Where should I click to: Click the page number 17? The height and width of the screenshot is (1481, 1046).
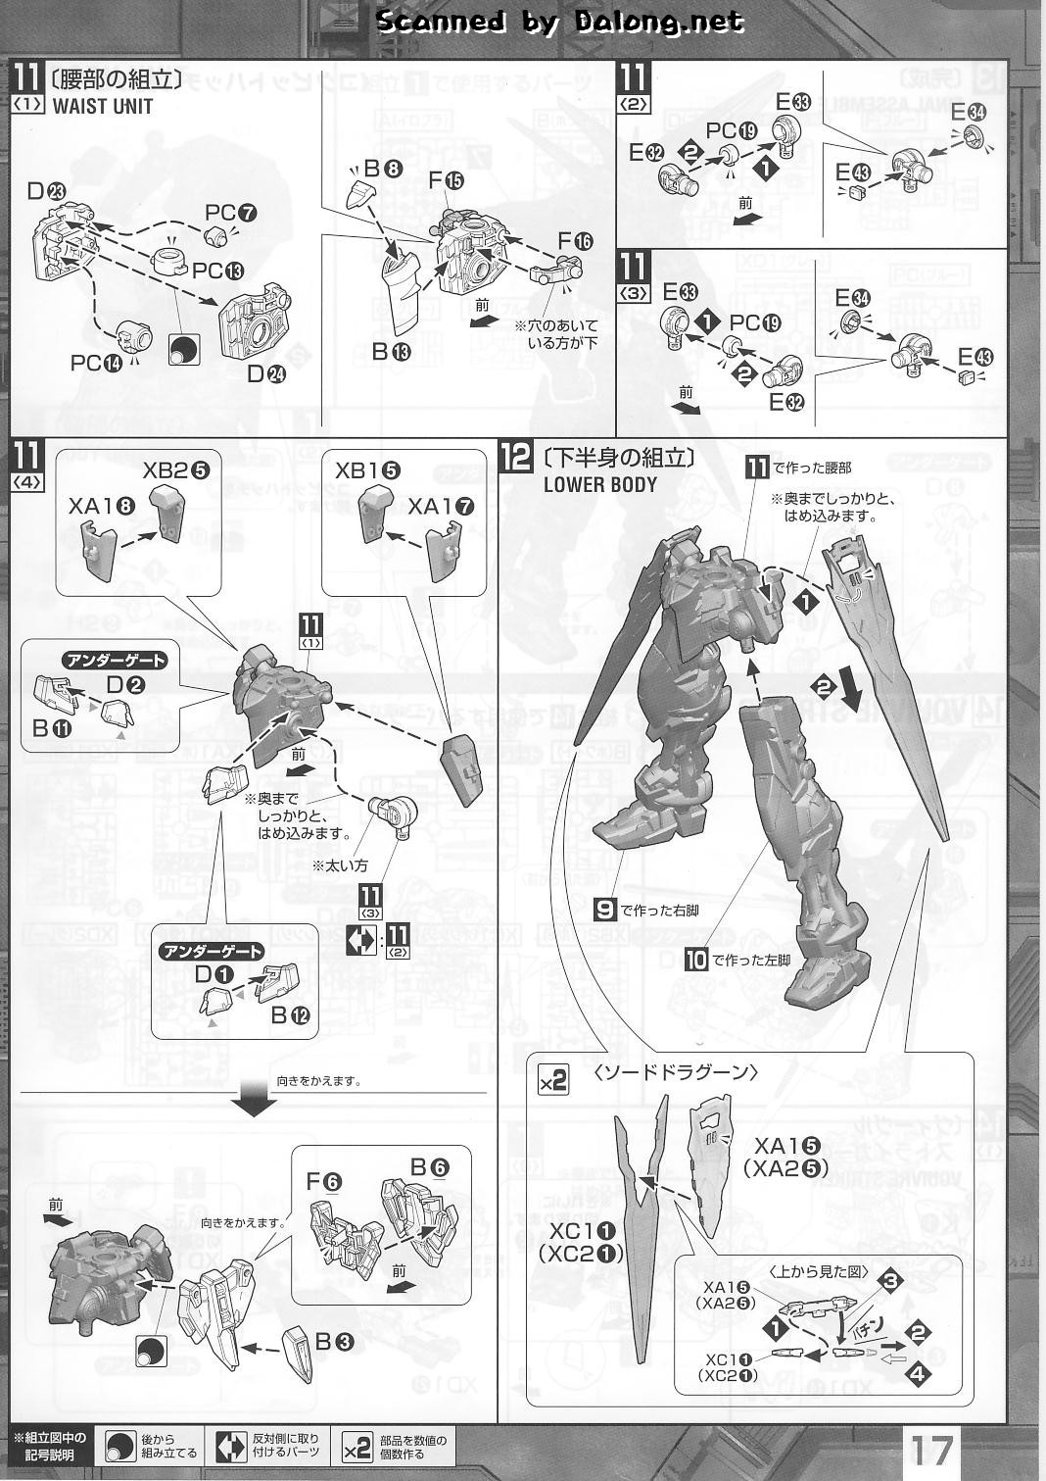click(x=933, y=1448)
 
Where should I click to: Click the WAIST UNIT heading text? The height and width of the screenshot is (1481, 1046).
click(x=102, y=106)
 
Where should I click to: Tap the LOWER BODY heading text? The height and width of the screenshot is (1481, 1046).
click(x=600, y=483)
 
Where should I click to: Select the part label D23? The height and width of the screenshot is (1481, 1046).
click(x=46, y=191)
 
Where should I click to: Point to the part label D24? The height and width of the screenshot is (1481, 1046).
click(x=263, y=372)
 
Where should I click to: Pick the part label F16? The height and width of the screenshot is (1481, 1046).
click(x=575, y=241)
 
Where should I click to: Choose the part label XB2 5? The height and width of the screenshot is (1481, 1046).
click(x=176, y=469)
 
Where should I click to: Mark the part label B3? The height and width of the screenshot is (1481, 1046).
click(x=335, y=1343)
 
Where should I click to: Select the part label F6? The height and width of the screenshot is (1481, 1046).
click(x=324, y=1182)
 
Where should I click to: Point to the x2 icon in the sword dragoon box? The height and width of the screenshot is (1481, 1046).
click(x=553, y=1081)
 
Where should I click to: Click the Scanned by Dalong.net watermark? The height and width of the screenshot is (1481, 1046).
click(x=559, y=22)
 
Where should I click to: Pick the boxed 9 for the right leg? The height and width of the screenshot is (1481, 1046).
click(x=605, y=909)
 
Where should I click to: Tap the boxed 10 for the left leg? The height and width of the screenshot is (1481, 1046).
click(x=695, y=959)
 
